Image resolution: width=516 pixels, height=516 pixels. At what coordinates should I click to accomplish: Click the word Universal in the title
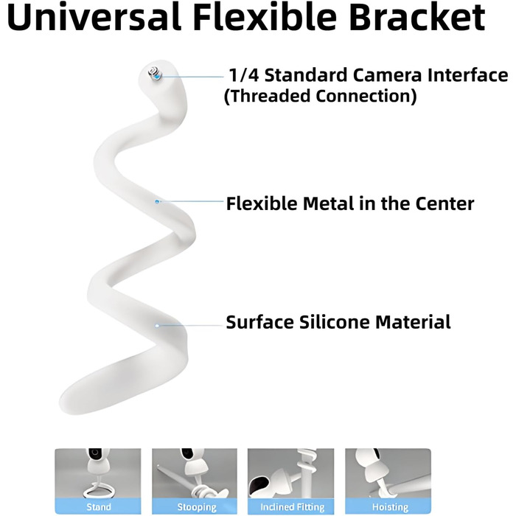coord(94,17)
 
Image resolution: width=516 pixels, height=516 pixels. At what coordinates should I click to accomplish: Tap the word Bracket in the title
coord(417,17)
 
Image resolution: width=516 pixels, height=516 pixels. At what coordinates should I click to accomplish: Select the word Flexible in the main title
coord(265,17)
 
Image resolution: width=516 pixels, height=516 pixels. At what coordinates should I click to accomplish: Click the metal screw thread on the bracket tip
coord(155,74)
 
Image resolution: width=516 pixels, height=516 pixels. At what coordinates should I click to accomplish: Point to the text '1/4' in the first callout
coord(244,75)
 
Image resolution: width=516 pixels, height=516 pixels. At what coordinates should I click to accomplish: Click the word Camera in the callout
coord(387,75)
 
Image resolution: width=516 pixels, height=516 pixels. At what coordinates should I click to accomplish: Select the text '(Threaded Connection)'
coord(320,96)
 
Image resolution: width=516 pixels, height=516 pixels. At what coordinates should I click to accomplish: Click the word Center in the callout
coord(444,203)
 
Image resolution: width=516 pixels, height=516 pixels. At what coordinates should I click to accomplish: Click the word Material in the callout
coord(413,322)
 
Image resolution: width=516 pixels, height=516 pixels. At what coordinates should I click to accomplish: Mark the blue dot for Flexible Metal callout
coord(157,201)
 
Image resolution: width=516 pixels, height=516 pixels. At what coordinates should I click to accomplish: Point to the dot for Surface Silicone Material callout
coord(157,326)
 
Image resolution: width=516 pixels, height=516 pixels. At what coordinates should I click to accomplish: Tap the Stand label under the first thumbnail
coord(98,507)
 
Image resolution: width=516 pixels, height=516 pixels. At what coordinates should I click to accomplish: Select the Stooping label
coord(197,507)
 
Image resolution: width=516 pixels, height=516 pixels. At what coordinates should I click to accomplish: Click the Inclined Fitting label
coord(292,507)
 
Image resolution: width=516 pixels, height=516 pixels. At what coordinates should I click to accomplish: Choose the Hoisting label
coord(390,507)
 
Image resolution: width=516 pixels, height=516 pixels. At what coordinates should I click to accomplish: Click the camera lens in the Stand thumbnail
coord(96,453)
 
